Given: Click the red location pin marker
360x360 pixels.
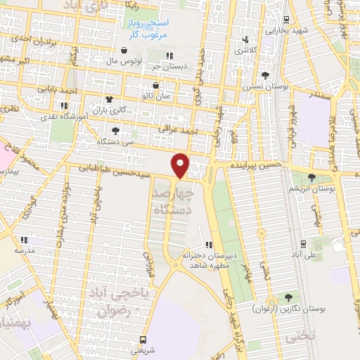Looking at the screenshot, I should (181, 165).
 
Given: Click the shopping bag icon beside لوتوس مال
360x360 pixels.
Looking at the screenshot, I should (124, 51).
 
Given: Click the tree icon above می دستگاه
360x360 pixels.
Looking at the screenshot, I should (115, 130).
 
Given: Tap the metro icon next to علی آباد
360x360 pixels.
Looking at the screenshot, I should (303, 243).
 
